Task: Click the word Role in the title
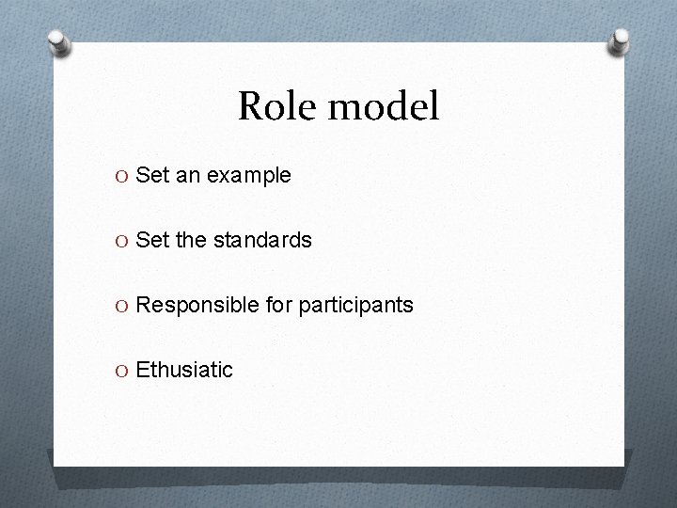click(x=273, y=107)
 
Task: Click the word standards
click(x=262, y=240)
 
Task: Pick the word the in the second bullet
click(x=191, y=240)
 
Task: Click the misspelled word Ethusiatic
click(x=184, y=370)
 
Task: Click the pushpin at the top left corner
click(x=59, y=44)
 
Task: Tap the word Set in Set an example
click(x=151, y=175)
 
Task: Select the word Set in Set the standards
click(x=151, y=240)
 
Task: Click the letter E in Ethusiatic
click(x=142, y=370)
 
